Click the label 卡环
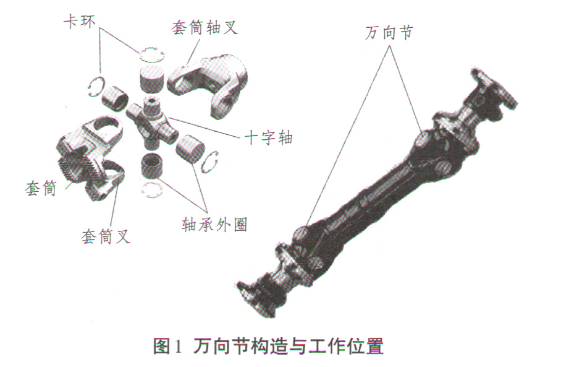click(x=80, y=22)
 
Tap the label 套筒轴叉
click(x=205, y=27)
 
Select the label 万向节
click(x=389, y=33)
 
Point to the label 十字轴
click(x=268, y=137)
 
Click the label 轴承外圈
click(x=214, y=225)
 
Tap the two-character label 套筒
click(x=41, y=188)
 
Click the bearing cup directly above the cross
click(x=152, y=78)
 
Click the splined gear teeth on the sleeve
click(x=74, y=166)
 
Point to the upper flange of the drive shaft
click(x=494, y=88)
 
